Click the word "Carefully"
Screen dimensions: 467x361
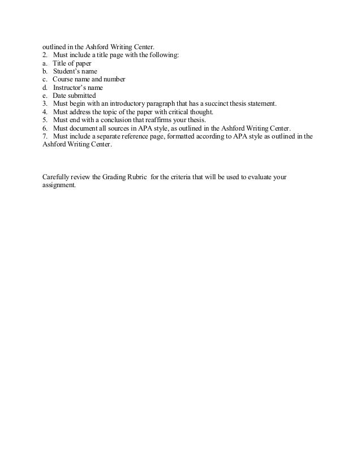point(57,177)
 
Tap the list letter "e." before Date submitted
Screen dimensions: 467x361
point(45,96)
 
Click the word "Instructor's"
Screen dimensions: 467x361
point(70,88)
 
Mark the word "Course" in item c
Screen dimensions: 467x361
point(64,80)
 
